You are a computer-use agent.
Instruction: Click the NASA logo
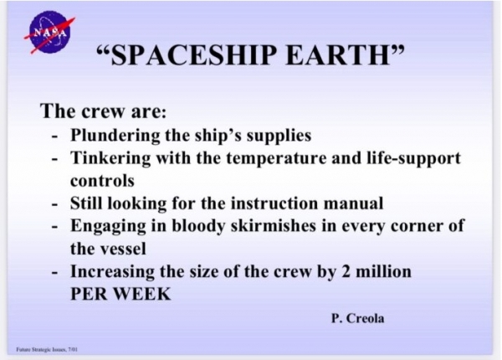click(x=49, y=33)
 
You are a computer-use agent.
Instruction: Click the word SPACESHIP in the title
click(x=193, y=54)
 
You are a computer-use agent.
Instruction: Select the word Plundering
click(x=115, y=136)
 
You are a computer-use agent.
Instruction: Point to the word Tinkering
click(x=110, y=158)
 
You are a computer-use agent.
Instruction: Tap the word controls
click(x=102, y=181)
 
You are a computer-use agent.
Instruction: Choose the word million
click(x=383, y=271)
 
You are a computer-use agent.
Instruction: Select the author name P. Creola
click(x=357, y=318)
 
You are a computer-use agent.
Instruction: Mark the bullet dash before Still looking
click(x=55, y=204)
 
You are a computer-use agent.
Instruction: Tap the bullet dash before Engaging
click(x=55, y=227)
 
